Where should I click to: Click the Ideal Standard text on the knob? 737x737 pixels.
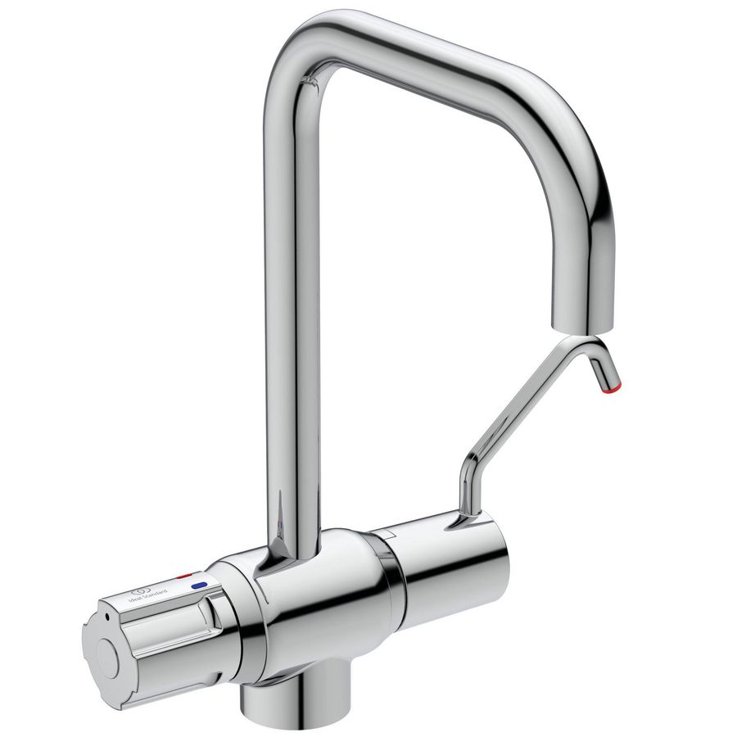[x=150, y=595]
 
